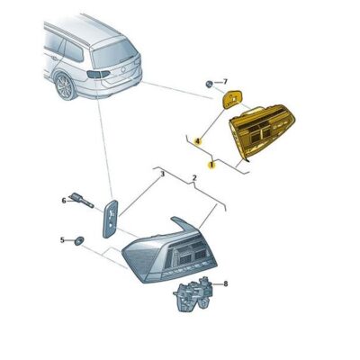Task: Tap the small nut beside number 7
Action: point(209,84)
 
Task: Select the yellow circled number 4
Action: point(194,140)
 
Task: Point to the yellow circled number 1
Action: point(211,164)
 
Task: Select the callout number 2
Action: point(193,179)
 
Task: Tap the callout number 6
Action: point(64,200)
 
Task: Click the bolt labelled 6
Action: point(83,202)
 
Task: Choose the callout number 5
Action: point(62,240)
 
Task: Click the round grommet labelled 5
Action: point(79,240)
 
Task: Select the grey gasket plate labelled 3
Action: point(110,217)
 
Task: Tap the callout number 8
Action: point(225,283)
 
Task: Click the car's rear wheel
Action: point(65,85)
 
